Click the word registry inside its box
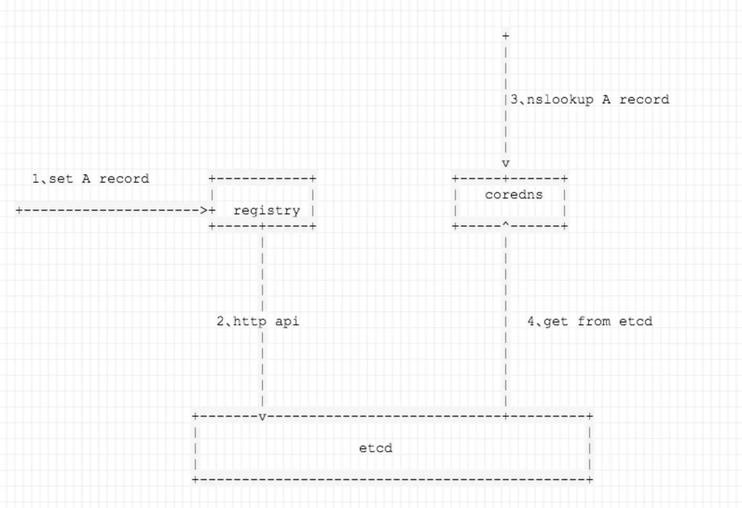pyautogui.click(x=267, y=211)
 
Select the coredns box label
pyautogui.click(x=514, y=194)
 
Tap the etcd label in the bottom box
pyautogui.click(x=376, y=448)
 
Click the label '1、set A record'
pyautogui.click(x=90, y=178)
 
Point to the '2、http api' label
pyautogui.click(x=258, y=321)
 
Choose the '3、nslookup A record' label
pyautogui.click(x=590, y=99)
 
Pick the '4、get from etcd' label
pyautogui.click(x=590, y=321)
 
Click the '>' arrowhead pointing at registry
pyautogui.click(x=204, y=210)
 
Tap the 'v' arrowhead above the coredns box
pyautogui.click(x=506, y=164)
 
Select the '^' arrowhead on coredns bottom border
pyautogui.click(x=506, y=225)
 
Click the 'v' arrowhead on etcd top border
pyautogui.click(x=262, y=417)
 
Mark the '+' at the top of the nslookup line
pyautogui.click(x=506, y=36)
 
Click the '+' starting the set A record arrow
pyautogui.click(x=19, y=210)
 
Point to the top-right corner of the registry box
pyautogui.click(x=313, y=178)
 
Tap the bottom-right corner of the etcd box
pyautogui.click(x=590, y=480)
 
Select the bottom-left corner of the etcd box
pyautogui.click(x=195, y=480)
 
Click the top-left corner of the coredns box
pyautogui.click(x=455, y=178)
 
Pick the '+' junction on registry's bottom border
pyautogui.click(x=262, y=227)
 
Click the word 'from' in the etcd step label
pyautogui.click(x=594, y=321)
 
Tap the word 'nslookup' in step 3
pyautogui.click(x=560, y=99)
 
